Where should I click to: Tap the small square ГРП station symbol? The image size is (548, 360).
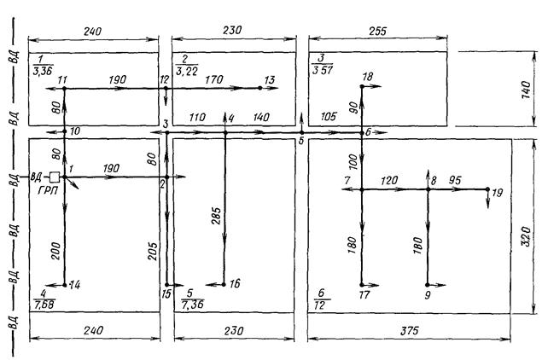(x=54, y=177)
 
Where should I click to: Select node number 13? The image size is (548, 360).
(x=270, y=80)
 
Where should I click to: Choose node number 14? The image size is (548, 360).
(x=75, y=284)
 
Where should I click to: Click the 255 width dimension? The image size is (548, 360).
(x=376, y=31)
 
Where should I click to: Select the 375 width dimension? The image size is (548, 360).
(x=411, y=334)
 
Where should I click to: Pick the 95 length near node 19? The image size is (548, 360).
(x=455, y=180)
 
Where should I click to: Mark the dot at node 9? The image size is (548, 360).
(x=428, y=285)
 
